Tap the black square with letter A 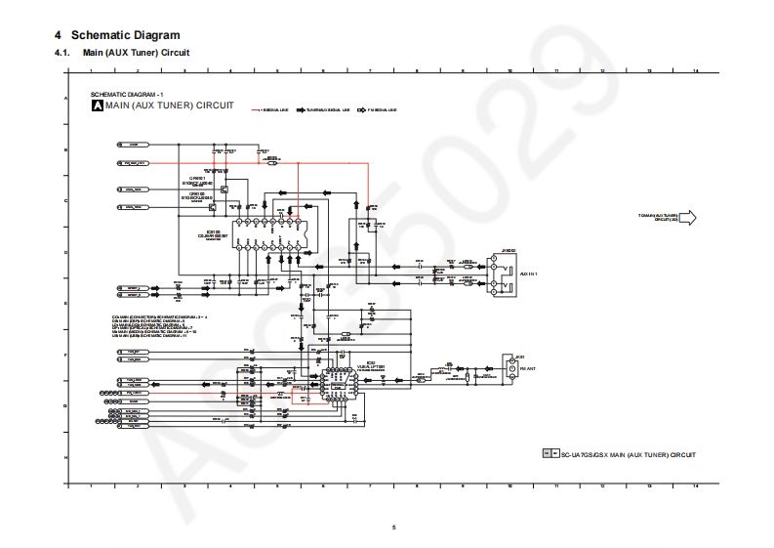point(97,104)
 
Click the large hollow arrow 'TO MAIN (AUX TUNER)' point(686,217)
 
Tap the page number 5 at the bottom point(394,527)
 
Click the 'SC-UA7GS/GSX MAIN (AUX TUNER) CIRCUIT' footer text point(626,454)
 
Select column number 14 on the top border point(695,71)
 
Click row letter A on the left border point(65,100)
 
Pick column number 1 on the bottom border point(91,485)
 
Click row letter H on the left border point(65,457)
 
